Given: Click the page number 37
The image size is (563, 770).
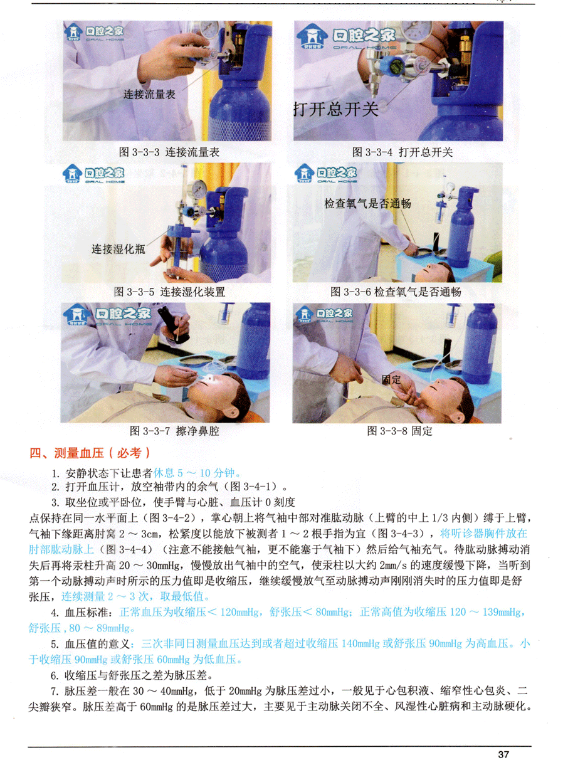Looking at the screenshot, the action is point(503,754).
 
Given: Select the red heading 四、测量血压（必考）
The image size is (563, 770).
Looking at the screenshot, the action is point(90,453).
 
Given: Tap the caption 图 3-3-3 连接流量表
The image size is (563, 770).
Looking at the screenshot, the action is point(169,152).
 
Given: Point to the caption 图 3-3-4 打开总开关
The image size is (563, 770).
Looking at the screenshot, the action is point(403,152).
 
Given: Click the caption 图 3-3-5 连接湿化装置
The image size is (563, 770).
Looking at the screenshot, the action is point(169,292).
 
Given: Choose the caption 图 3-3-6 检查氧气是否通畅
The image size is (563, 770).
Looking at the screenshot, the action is point(396,292).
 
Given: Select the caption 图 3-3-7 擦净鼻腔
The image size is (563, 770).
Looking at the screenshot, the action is point(174,431).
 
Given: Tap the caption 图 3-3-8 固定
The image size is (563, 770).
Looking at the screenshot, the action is point(400,431).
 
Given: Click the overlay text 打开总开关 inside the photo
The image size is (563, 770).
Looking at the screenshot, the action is point(336,109).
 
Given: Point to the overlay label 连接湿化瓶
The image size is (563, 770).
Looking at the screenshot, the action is point(118,249).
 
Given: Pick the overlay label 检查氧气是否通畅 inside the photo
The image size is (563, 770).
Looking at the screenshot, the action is point(367,204).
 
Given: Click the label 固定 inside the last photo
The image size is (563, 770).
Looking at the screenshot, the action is point(391,379).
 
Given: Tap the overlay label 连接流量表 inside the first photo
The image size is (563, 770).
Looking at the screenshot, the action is point(149,94).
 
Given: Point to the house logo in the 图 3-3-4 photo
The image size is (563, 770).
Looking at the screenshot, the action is point(312,37).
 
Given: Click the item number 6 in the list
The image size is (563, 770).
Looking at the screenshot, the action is point(55,676).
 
